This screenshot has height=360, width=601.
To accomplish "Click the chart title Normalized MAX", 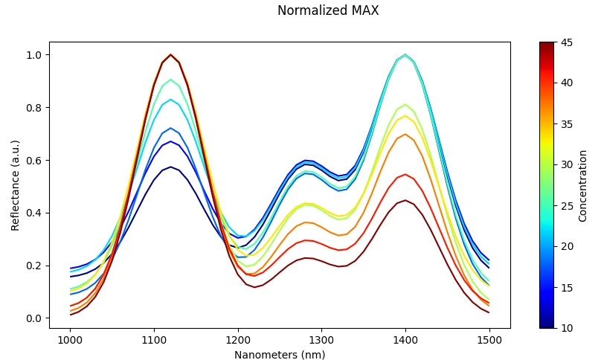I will tap(328, 11).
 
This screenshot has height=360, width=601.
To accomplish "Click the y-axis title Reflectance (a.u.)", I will tap(16, 184).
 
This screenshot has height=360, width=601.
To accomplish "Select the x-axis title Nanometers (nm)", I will tap(280, 355).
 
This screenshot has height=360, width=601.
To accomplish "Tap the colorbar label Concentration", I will tap(583, 185).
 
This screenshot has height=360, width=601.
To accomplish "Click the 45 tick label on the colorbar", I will tap(567, 42).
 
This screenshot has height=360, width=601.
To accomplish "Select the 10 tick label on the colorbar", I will tap(567, 328).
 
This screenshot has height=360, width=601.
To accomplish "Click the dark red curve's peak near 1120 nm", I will tap(170, 55).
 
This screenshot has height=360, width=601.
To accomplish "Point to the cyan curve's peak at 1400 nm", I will tap(405, 55).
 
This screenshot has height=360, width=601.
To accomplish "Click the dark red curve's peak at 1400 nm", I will tap(405, 200).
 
